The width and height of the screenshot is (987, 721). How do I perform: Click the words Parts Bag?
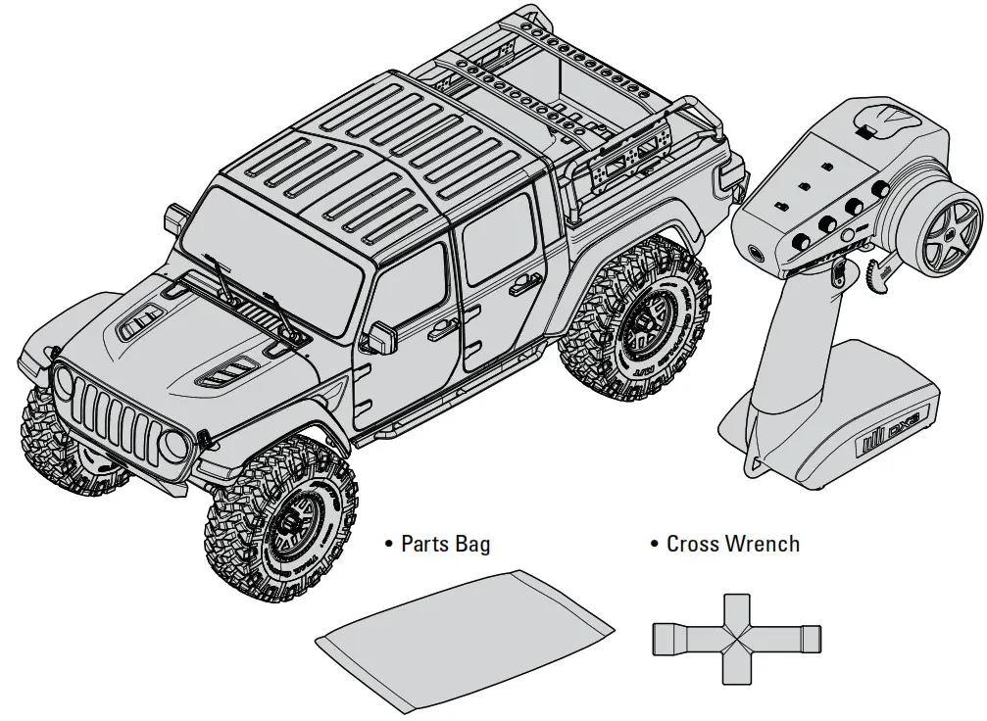(446, 544)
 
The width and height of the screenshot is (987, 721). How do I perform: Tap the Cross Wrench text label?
(732, 544)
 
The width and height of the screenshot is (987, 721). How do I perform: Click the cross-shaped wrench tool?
(736, 639)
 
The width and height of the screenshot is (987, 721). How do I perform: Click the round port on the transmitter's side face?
(758, 252)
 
